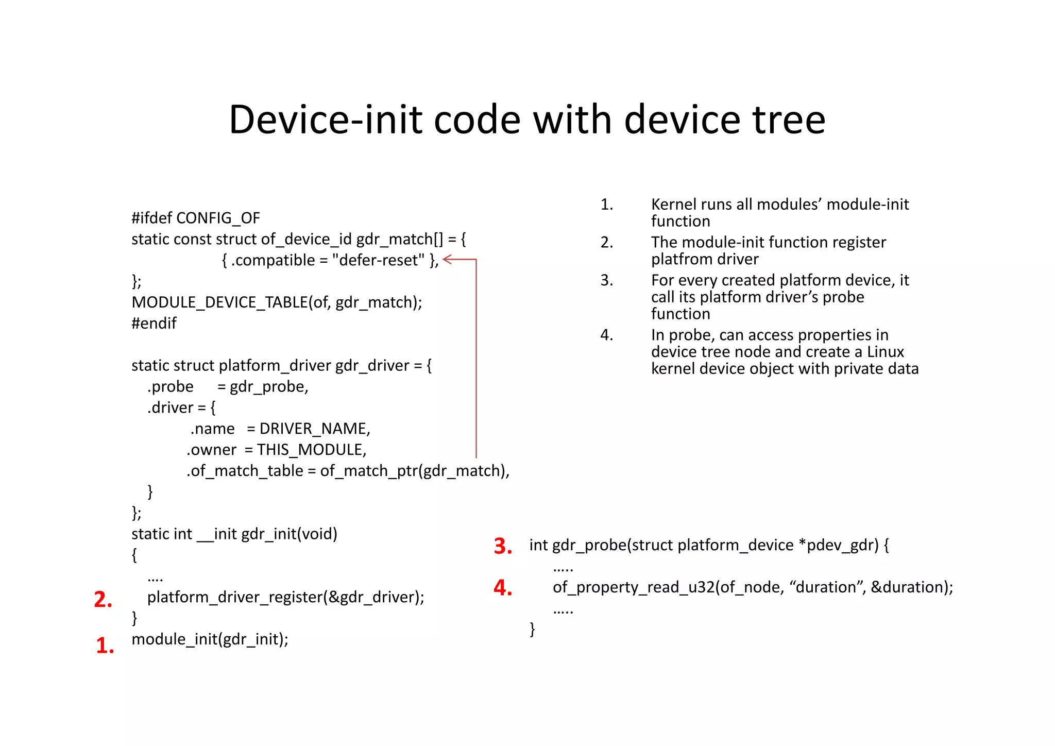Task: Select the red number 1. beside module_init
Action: [x=105, y=646]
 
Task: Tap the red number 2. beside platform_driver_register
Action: [x=103, y=599]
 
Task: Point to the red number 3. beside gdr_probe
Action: [x=503, y=546]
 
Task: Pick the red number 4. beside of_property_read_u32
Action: [x=503, y=588]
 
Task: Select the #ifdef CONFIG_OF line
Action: [x=196, y=218]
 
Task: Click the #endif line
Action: [x=154, y=323]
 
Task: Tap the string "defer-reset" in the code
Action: [x=378, y=260]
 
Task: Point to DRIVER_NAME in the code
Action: [x=314, y=429]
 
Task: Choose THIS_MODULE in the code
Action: [x=311, y=450]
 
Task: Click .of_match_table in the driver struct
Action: [x=245, y=471]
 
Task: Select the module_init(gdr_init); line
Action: [x=210, y=639]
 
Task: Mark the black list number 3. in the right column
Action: [x=607, y=280]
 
